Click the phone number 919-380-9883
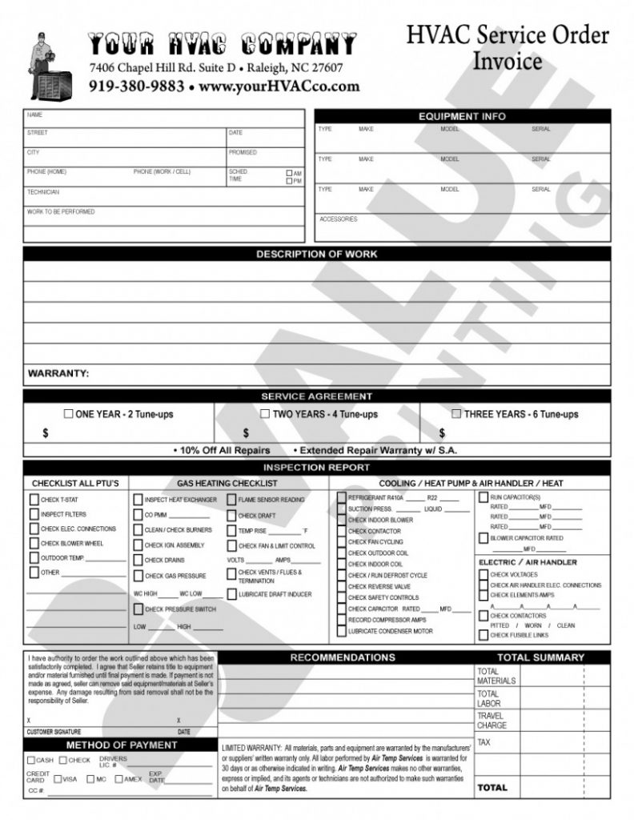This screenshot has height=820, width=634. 136,86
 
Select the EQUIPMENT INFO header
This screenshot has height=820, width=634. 462,116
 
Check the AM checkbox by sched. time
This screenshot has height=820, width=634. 290,173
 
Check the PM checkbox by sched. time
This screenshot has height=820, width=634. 290,181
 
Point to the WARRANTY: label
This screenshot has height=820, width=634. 58,373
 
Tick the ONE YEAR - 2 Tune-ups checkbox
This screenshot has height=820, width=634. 68,414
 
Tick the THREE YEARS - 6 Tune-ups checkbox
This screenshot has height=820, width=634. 456,414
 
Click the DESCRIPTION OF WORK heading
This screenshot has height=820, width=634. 316,254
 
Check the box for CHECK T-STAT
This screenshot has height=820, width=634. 34,500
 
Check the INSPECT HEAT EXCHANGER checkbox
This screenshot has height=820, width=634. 138,500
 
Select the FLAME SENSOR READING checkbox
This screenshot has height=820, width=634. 231,500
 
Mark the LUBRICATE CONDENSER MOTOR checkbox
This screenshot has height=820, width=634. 342,631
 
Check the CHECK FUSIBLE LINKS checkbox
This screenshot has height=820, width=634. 483,635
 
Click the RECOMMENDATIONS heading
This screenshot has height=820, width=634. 343,657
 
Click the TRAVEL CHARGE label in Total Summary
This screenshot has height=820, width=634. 492,720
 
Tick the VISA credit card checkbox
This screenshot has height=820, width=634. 58,778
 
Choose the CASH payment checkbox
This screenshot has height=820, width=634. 31,760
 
